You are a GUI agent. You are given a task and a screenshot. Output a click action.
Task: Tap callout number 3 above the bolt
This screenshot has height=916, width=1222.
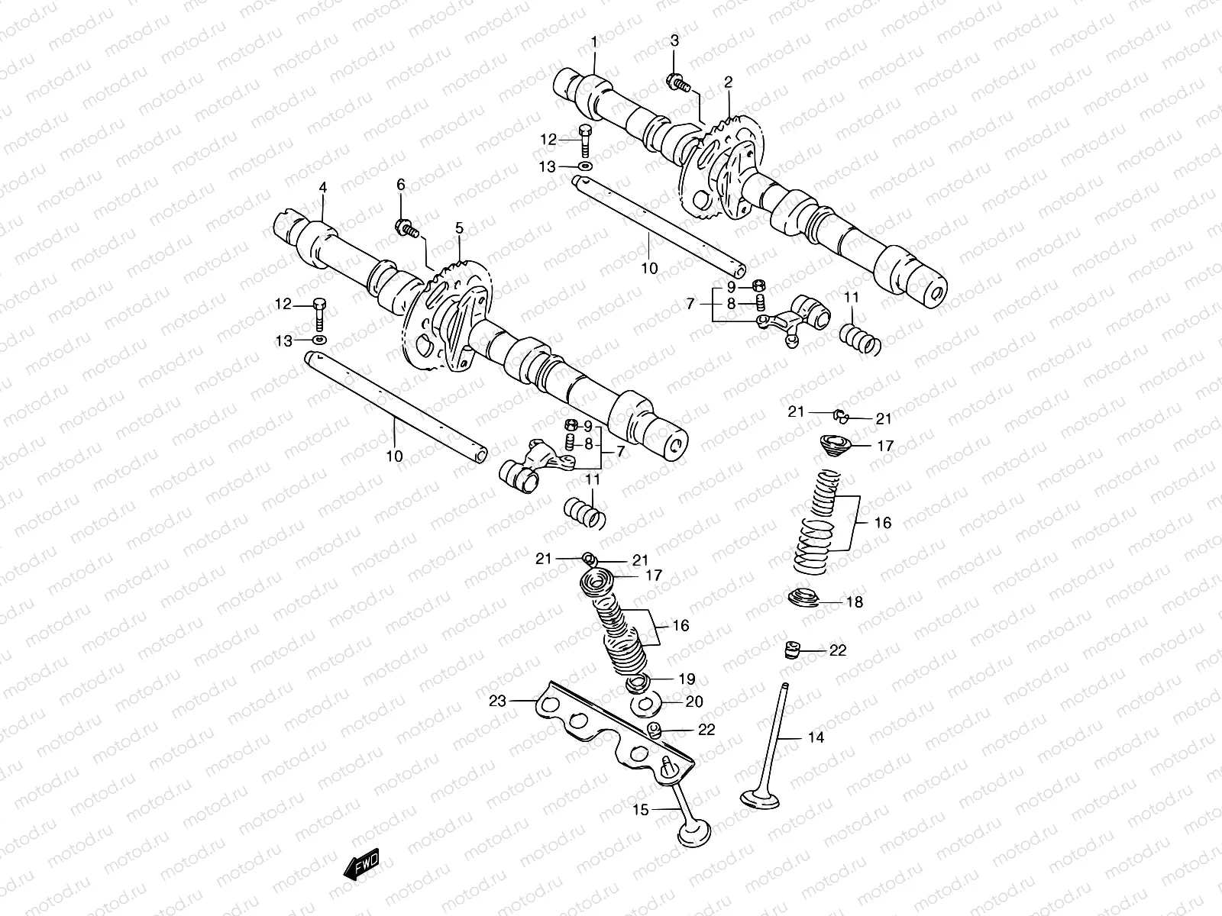(674, 41)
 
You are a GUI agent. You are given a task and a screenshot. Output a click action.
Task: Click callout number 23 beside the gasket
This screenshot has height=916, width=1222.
(498, 702)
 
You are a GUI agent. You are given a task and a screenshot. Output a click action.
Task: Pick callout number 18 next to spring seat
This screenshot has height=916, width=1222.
(854, 602)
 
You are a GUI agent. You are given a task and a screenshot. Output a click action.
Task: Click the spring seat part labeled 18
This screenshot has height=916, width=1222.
(801, 598)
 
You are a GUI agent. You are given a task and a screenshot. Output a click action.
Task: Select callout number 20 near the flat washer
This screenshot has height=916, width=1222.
(693, 702)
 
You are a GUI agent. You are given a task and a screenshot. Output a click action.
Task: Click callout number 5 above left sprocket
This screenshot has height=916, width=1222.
(459, 228)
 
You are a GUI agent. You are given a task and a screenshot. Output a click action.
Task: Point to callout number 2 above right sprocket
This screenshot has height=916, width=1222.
(728, 81)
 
